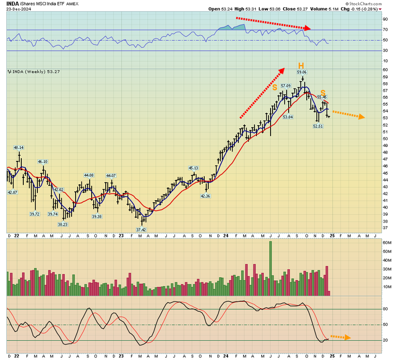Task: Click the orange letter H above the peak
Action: coord(300,66)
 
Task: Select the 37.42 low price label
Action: coord(140,229)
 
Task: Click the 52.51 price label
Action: coord(318,126)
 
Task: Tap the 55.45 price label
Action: coord(322,97)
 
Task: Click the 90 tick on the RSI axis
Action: coord(385,20)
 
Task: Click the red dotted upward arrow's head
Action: coord(282,69)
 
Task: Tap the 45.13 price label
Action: coord(193,168)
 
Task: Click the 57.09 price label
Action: coord(286,85)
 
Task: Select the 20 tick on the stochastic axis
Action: coord(385,340)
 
